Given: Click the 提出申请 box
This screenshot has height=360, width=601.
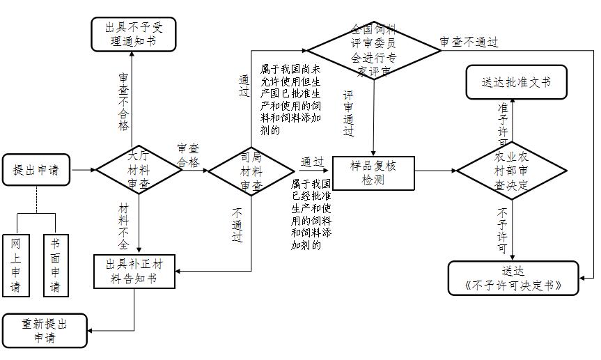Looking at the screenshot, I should click(x=36, y=170).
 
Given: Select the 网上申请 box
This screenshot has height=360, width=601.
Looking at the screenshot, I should click(x=15, y=265).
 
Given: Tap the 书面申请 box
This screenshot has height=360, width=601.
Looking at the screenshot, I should click(x=55, y=265).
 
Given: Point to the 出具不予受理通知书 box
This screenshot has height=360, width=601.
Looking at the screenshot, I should click(x=133, y=34).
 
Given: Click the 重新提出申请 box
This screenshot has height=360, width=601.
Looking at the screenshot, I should click(x=45, y=330).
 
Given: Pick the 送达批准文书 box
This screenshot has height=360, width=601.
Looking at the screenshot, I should click(x=516, y=81).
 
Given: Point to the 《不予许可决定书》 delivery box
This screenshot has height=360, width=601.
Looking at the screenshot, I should click(x=513, y=278).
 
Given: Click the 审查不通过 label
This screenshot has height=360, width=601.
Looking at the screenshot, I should click(x=469, y=42).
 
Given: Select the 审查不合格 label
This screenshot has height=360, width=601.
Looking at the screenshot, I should click(x=124, y=102).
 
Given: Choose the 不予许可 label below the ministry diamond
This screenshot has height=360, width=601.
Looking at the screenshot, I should click(x=503, y=230).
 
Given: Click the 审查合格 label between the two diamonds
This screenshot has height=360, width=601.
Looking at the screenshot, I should click(x=188, y=155).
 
